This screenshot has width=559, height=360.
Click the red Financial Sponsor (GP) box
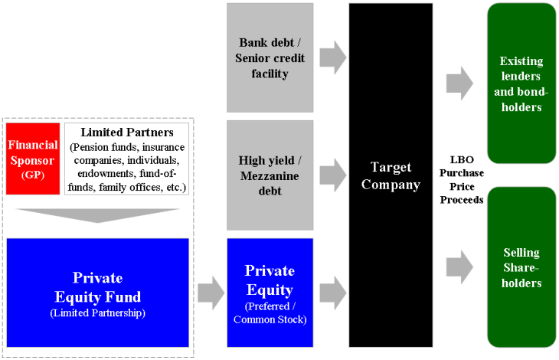click(33, 159)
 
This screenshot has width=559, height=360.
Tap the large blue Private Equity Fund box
click(97, 292)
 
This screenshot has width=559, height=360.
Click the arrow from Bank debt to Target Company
click(332, 56)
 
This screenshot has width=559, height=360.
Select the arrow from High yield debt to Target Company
click(332, 175)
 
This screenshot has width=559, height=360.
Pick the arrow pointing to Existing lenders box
click(459, 83)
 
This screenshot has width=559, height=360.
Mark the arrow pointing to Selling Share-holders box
click(459, 265)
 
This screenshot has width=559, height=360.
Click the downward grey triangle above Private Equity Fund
click(97, 214)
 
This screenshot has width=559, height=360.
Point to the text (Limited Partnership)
click(97, 313)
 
